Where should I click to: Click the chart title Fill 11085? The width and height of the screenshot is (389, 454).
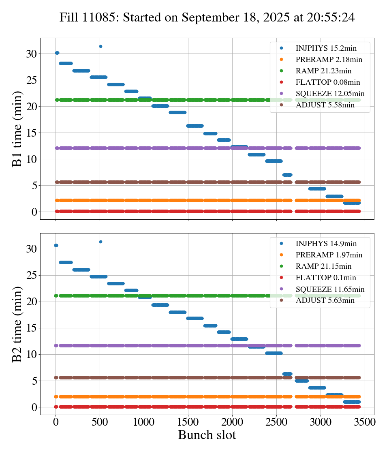(207, 17)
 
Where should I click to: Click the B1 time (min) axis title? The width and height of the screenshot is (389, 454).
(17, 129)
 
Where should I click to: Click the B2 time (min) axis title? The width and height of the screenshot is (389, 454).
(17, 324)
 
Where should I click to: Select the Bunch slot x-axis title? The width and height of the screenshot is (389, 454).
(207, 435)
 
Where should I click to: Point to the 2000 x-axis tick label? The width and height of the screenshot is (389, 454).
(233, 422)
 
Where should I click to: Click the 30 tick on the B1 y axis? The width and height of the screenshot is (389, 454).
(32, 54)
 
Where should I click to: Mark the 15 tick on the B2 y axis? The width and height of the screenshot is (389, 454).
(32, 328)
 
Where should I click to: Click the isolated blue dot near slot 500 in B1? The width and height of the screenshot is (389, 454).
(100, 46)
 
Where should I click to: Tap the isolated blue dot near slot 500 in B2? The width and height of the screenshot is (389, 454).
(100, 242)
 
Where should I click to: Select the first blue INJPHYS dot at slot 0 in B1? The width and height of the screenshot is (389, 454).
(57, 53)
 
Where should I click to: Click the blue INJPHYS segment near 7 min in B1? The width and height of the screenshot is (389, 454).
(287, 175)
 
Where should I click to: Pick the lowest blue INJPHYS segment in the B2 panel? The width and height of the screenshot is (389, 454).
(352, 402)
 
